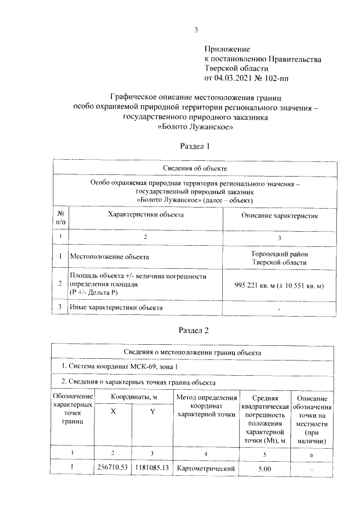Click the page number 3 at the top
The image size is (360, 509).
(196, 30)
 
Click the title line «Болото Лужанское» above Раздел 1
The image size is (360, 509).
(195, 127)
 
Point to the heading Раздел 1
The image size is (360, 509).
(195, 146)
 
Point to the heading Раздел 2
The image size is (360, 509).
(195, 330)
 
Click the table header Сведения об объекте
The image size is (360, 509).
(195, 168)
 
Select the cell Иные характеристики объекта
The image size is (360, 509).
(116, 308)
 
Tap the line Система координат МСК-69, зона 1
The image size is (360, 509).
(121, 367)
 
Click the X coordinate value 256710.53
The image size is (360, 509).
(113, 467)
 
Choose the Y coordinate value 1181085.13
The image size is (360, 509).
(152, 467)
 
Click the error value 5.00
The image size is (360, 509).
(264, 468)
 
